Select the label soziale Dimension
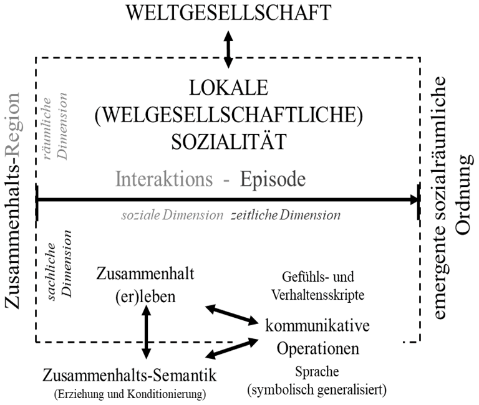(x=172, y=216)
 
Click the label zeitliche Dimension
(x=286, y=216)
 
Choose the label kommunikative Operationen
(x=318, y=336)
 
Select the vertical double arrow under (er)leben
(x=147, y=333)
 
